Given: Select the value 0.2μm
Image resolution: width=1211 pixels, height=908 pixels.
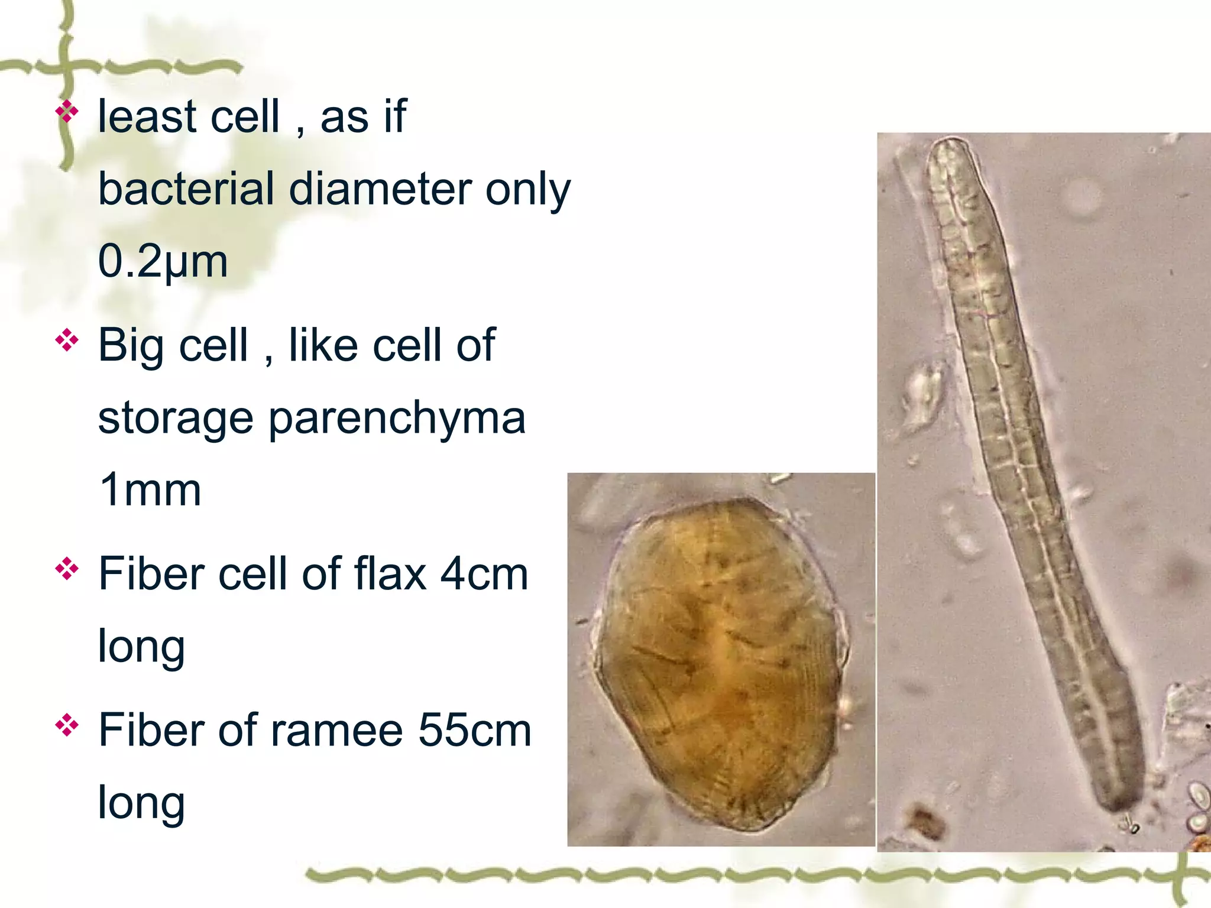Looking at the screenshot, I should point(163,261).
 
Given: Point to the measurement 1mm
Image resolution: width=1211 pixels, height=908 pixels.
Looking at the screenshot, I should point(150,490).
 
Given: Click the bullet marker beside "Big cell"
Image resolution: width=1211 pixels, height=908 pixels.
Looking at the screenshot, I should point(67,341).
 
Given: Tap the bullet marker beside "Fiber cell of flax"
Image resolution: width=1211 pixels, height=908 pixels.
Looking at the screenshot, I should point(67,569).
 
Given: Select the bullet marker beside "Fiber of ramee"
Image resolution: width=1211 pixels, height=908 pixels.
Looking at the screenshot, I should point(67,726).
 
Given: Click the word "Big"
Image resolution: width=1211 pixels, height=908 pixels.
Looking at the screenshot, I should point(131,346).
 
